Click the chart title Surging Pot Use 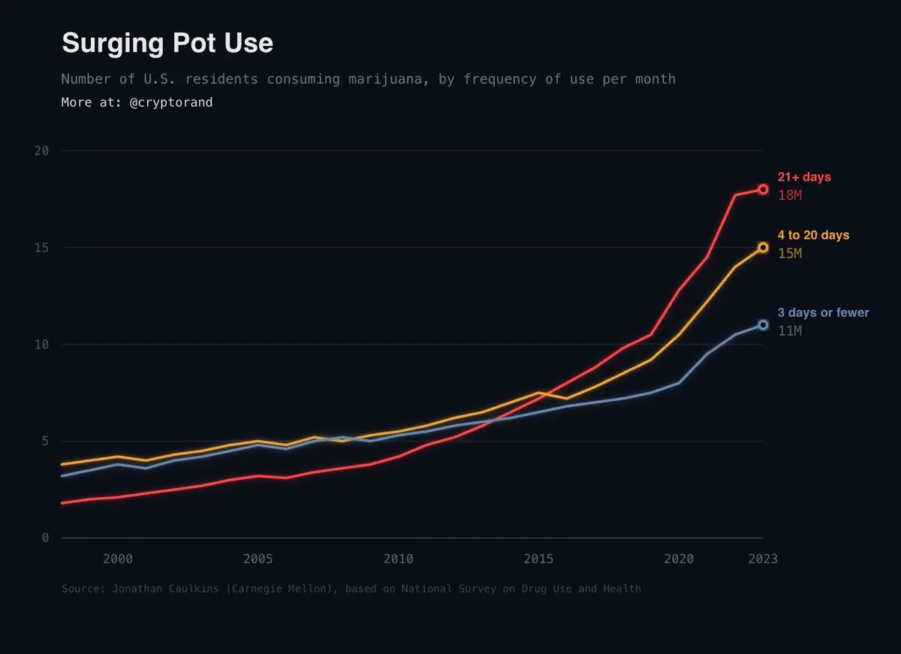click(x=167, y=44)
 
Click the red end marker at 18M click(x=763, y=190)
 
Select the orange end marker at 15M click(x=763, y=247)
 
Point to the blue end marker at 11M click(x=763, y=325)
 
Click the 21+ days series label click(x=804, y=177)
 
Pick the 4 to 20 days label click(x=813, y=235)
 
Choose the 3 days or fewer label click(x=823, y=312)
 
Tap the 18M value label click(x=790, y=195)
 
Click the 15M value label click(x=790, y=254)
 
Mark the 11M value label click(x=790, y=331)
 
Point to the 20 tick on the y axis click(x=42, y=151)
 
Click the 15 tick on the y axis click(x=42, y=248)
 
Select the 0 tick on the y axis click(x=45, y=538)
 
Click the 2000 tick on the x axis click(x=118, y=559)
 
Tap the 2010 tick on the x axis click(x=398, y=559)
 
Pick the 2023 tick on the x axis click(x=763, y=559)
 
